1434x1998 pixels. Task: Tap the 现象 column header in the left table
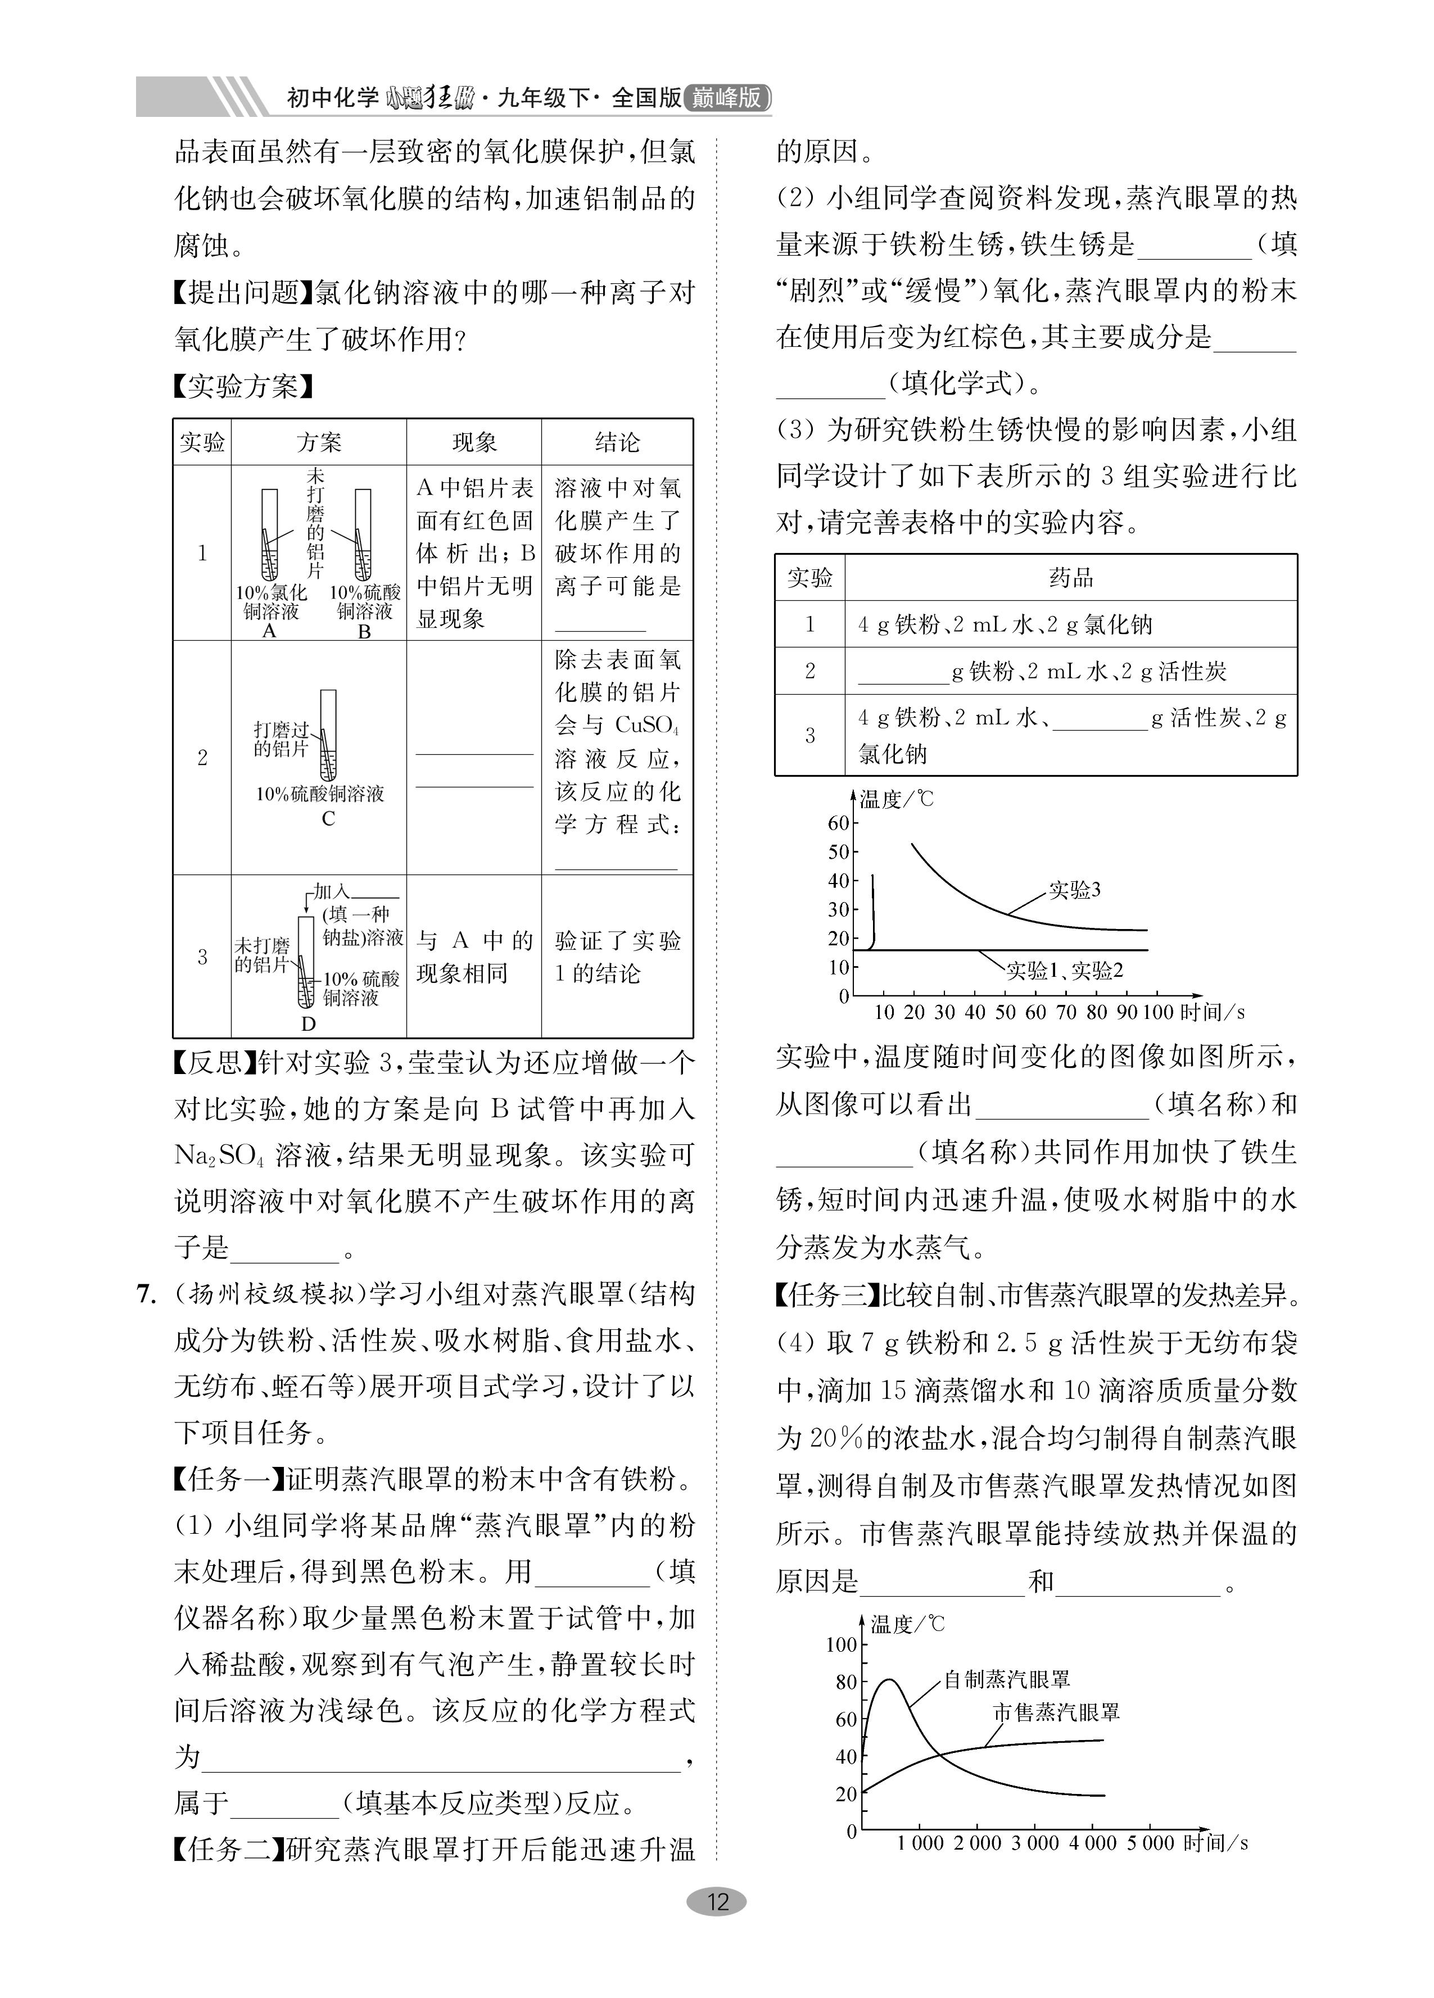(x=474, y=442)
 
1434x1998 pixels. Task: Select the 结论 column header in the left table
(x=617, y=442)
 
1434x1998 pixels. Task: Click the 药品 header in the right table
(x=1071, y=578)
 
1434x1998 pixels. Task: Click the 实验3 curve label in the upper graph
(x=1074, y=890)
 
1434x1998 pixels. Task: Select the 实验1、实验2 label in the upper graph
(x=1065, y=971)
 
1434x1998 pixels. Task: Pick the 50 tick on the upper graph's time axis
(x=1005, y=1012)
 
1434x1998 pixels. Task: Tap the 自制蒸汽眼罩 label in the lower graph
(x=1007, y=1679)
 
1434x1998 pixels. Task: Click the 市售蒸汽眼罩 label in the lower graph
(x=1056, y=1712)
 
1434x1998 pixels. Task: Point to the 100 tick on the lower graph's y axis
(x=841, y=1644)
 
